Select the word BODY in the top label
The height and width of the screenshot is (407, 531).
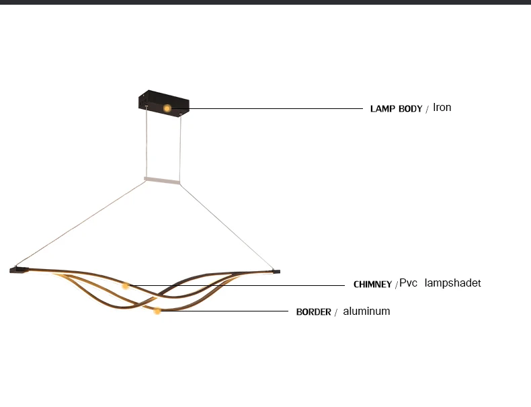(410, 109)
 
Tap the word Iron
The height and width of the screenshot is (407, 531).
(442, 107)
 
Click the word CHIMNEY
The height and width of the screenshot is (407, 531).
(372, 285)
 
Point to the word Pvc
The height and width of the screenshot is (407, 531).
(409, 283)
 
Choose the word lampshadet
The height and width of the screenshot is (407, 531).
(452, 283)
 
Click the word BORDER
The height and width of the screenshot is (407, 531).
(313, 312)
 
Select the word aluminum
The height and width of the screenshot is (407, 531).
(366, 311)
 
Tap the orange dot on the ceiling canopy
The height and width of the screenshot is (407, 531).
(167, 108)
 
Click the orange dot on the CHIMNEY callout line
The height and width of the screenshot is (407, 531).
(125, 286)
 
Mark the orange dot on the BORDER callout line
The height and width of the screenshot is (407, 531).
(157, 311)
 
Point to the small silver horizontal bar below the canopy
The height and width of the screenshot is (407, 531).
(162, 180)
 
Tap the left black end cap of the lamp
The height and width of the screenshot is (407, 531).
(18, 270)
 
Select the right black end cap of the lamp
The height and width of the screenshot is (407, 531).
(275, 272)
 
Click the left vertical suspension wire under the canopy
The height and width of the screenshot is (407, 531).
(146, 145)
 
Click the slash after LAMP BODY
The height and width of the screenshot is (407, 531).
(427, 110)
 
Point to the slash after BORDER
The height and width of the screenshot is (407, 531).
(335, 313)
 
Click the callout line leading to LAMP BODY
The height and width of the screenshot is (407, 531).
(269, 108)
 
